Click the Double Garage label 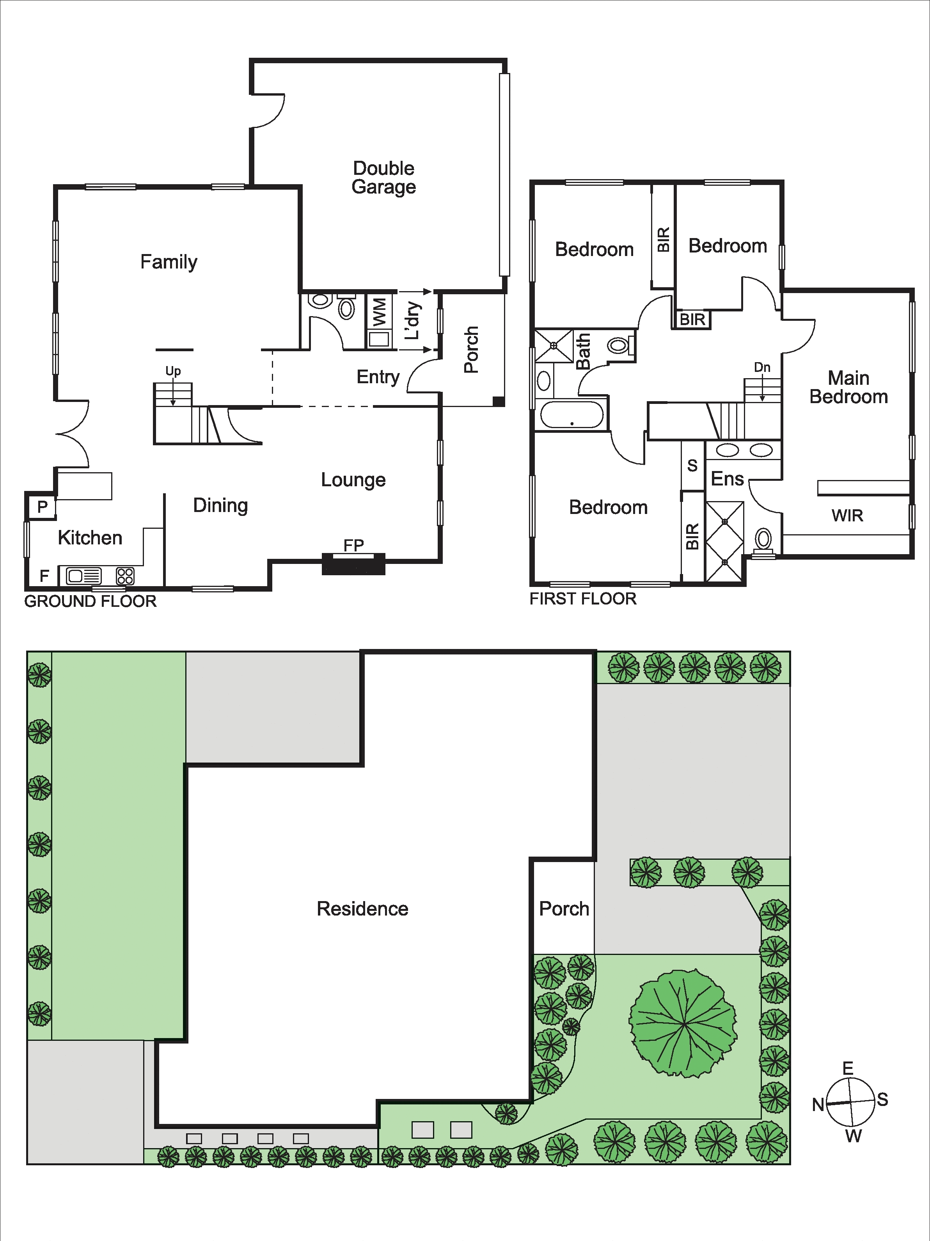(384, 177)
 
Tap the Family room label (169, 262)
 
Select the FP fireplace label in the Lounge (353, 545)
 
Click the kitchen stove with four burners (125, 576)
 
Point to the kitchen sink (84, 576)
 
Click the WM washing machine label (380, 313)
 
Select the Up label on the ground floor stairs (173, 371)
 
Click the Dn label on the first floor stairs (762, 368)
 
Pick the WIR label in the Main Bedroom (847, 516)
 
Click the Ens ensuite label (728, 478)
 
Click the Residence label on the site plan (362, 909)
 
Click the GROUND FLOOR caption (90, 601)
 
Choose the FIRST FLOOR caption (583, 599)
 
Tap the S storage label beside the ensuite (692, 465)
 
